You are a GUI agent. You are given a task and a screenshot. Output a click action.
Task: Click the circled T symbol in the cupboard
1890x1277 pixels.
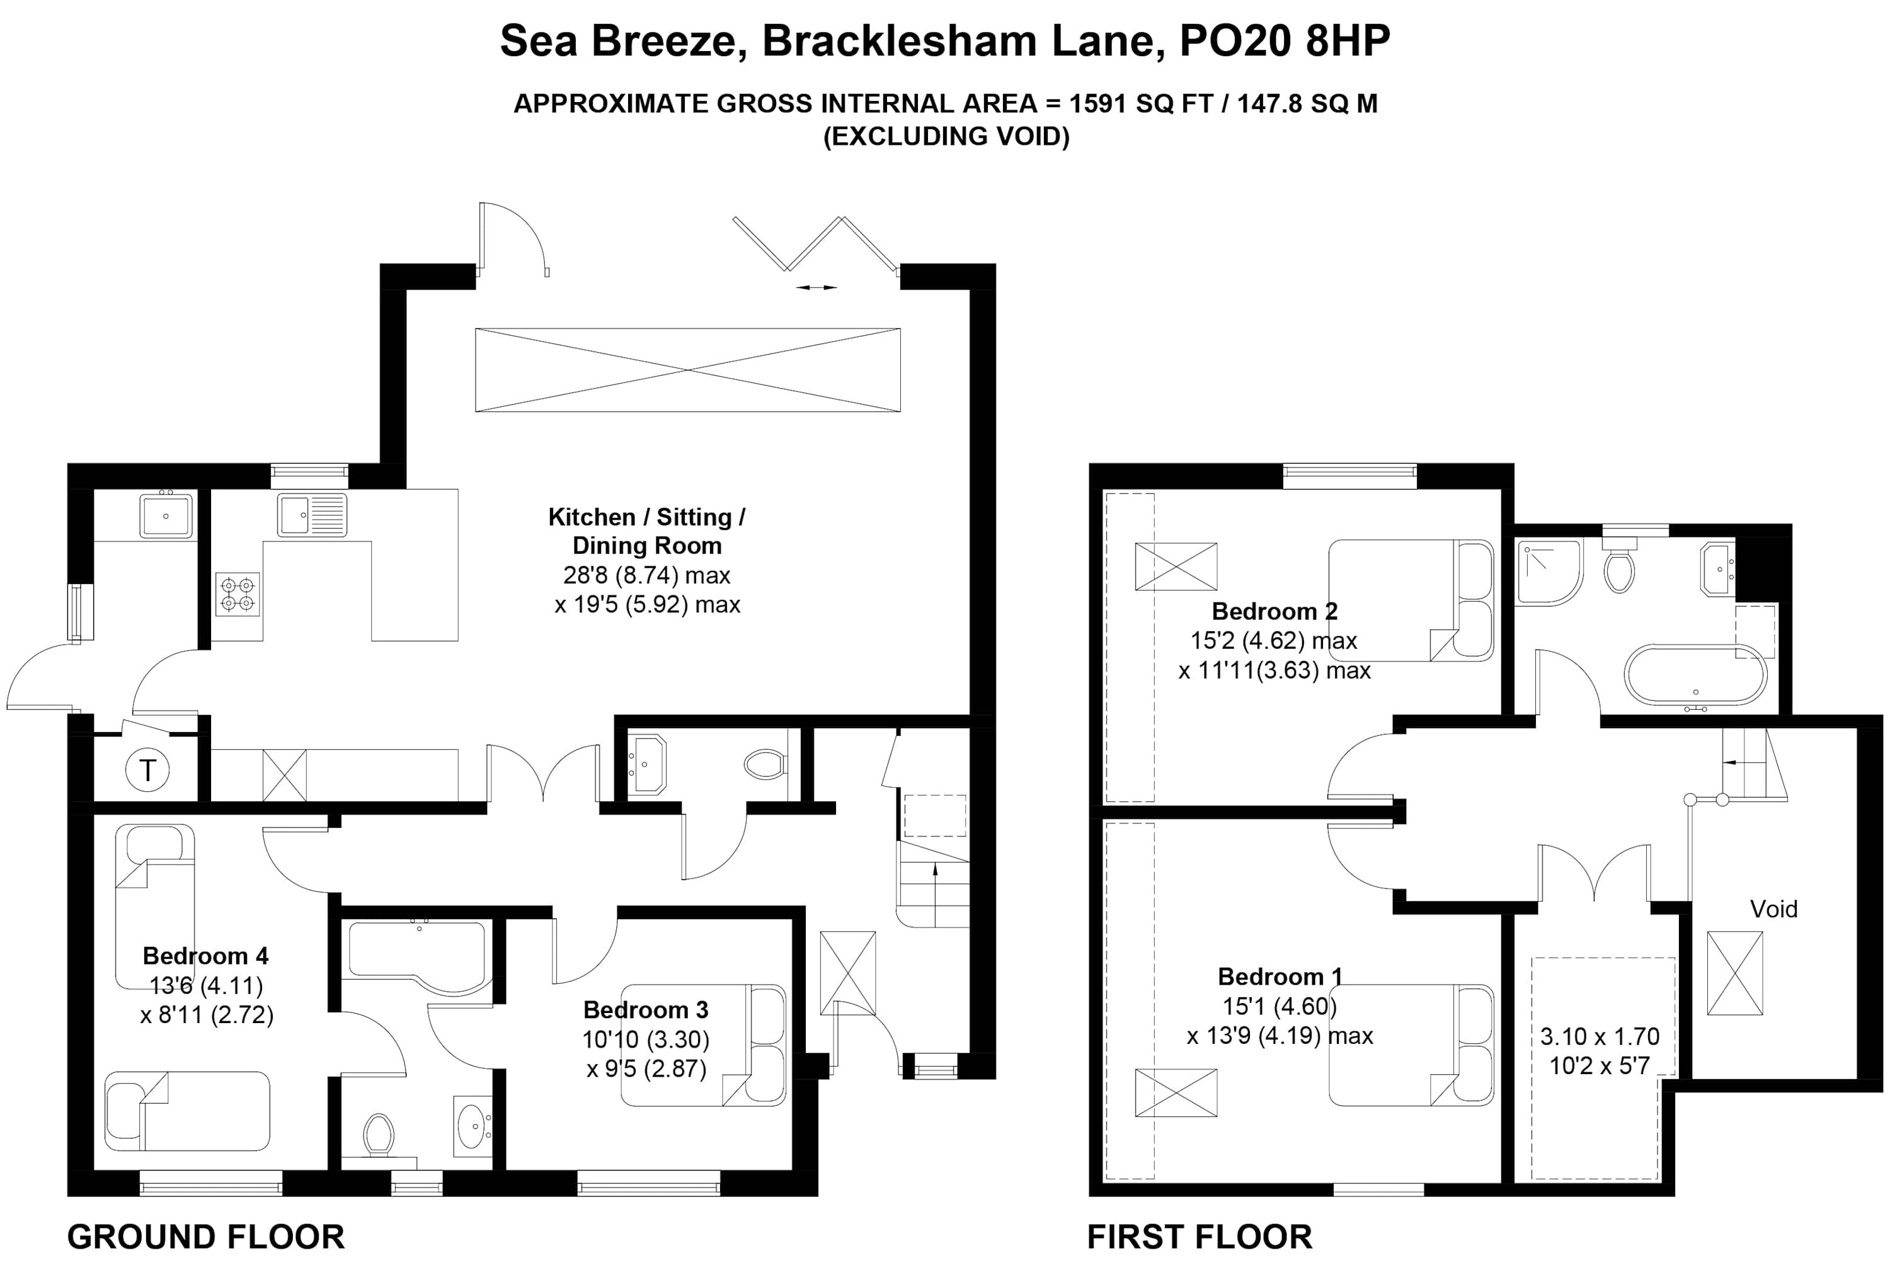(x=147, y=769)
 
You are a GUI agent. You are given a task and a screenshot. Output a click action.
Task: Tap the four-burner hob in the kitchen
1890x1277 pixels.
(x=238, y=593)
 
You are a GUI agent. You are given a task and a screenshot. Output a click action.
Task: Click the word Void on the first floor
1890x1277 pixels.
(x=1773, y=908)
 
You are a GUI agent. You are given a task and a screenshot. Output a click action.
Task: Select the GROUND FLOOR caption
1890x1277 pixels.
(x=206, y=1237)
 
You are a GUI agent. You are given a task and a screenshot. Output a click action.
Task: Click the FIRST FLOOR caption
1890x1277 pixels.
(x=1200, y=1237)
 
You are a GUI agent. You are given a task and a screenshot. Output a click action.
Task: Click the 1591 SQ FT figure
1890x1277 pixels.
(x=1140, y=104)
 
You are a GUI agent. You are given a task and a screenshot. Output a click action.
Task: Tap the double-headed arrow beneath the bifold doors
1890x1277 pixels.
(x=816, y=287)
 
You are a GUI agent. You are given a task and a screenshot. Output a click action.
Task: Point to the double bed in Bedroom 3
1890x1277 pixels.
(x=702, y=1045)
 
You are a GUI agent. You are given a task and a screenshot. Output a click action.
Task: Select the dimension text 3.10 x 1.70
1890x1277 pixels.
(x=1599, y=1036)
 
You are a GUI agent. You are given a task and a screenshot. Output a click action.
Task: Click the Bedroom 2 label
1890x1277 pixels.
(x=1274, y=611)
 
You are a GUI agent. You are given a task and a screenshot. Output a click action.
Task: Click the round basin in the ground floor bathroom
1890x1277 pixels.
(x=472, y=1127)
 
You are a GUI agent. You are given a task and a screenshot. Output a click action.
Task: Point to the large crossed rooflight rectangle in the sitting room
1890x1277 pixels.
(x=687, y=370)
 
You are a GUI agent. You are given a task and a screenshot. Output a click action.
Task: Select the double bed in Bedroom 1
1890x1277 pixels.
(x=1411, y=1045)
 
